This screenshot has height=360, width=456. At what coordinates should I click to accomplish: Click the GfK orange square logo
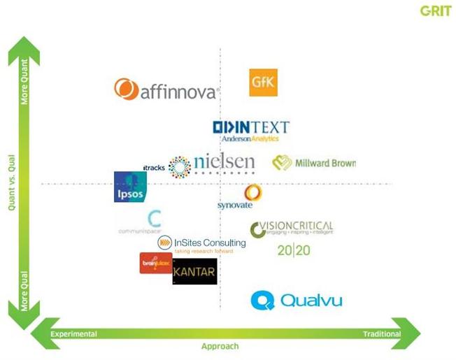click(264, 82)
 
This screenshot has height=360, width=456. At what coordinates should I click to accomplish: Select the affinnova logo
click(166, 89)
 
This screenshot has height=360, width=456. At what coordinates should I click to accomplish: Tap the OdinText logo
click(250, 130)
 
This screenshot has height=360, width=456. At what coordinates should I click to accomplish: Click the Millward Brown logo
click(314, 163)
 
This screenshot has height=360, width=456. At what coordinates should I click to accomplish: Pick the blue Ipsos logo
click(130, 187)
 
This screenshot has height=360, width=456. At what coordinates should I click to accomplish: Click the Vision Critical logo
click(292, 229)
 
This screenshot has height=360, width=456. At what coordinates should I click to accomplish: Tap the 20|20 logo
click(293, 250)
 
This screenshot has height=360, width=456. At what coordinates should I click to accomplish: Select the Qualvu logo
click(297, 301)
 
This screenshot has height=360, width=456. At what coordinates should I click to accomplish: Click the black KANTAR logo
click(194, 271)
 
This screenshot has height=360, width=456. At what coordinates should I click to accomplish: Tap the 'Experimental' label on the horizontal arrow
click(73, 334)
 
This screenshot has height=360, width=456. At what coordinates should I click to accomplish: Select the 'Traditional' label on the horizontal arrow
click(382, 334)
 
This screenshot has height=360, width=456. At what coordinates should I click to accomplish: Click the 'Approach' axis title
click(220, 347)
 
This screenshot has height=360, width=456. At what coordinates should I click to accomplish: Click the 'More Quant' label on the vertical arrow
click(24, 85)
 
